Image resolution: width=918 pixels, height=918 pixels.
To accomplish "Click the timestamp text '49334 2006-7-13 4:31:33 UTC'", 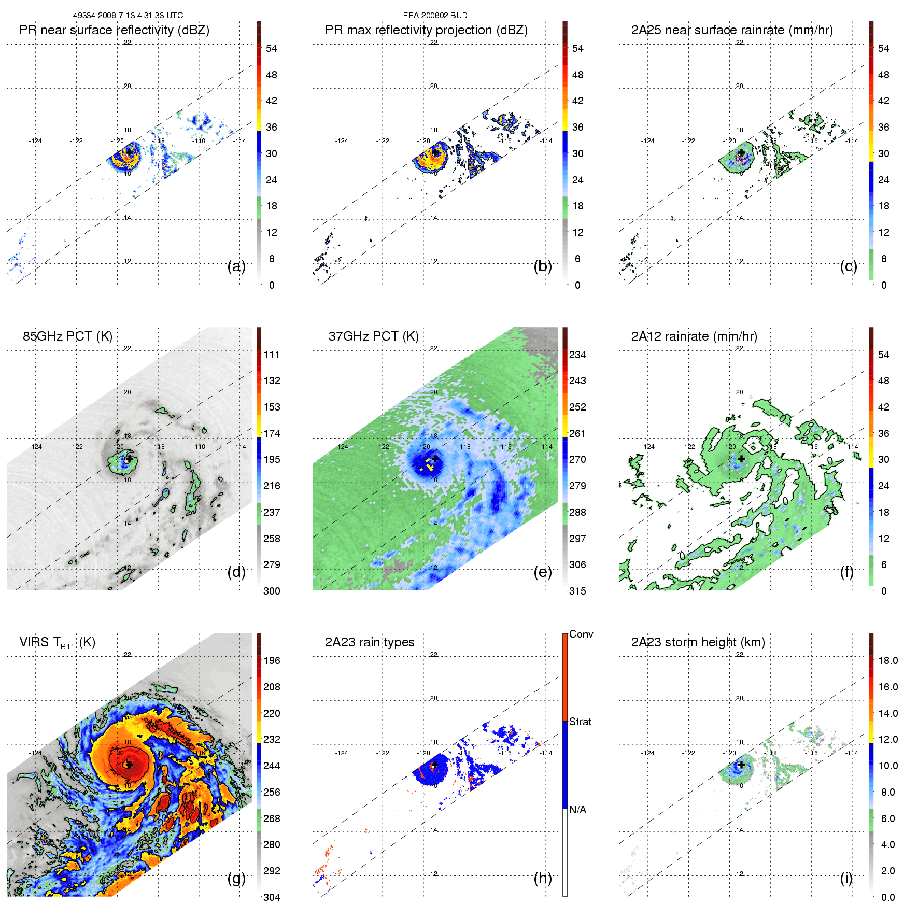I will [x=128, y=16].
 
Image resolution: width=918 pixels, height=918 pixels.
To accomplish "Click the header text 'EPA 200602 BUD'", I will [x=435, y=16].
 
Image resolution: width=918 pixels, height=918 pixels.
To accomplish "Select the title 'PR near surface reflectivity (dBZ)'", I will [x=114, y=30].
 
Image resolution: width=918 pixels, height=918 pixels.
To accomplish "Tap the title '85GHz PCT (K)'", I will [x=67, y=336].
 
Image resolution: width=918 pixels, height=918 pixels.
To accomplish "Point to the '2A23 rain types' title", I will [x=369, y=642].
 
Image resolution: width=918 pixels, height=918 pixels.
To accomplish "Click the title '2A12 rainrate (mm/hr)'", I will [x=694, y=336].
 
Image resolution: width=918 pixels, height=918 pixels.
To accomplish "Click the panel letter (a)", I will [x=236, y=266].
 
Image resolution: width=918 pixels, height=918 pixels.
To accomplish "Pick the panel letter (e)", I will [x=543, y=572].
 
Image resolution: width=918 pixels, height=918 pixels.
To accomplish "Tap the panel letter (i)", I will [x=846, y=878].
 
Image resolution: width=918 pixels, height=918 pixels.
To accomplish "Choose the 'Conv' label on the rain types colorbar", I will [x=581, y=634].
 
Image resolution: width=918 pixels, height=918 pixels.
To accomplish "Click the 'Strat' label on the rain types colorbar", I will [x=580, y=722].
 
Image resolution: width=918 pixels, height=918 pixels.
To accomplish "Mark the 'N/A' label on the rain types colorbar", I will [x=577, y=810].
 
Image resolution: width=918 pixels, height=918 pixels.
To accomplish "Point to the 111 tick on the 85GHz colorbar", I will [x=272, y=355].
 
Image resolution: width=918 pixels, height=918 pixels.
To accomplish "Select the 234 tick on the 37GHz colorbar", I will [x=577, y=355].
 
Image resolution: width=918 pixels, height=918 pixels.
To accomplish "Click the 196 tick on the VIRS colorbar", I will [x=272, y=661].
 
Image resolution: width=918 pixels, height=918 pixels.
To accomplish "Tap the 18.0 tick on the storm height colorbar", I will [x=887, y=661].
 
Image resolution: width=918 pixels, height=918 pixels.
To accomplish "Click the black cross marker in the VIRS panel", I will [x=129, y=765].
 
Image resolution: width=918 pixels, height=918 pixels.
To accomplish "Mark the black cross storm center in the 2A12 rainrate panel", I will [x=742, y=459].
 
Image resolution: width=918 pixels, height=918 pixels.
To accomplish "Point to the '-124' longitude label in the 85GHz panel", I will [x=35, y=447].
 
